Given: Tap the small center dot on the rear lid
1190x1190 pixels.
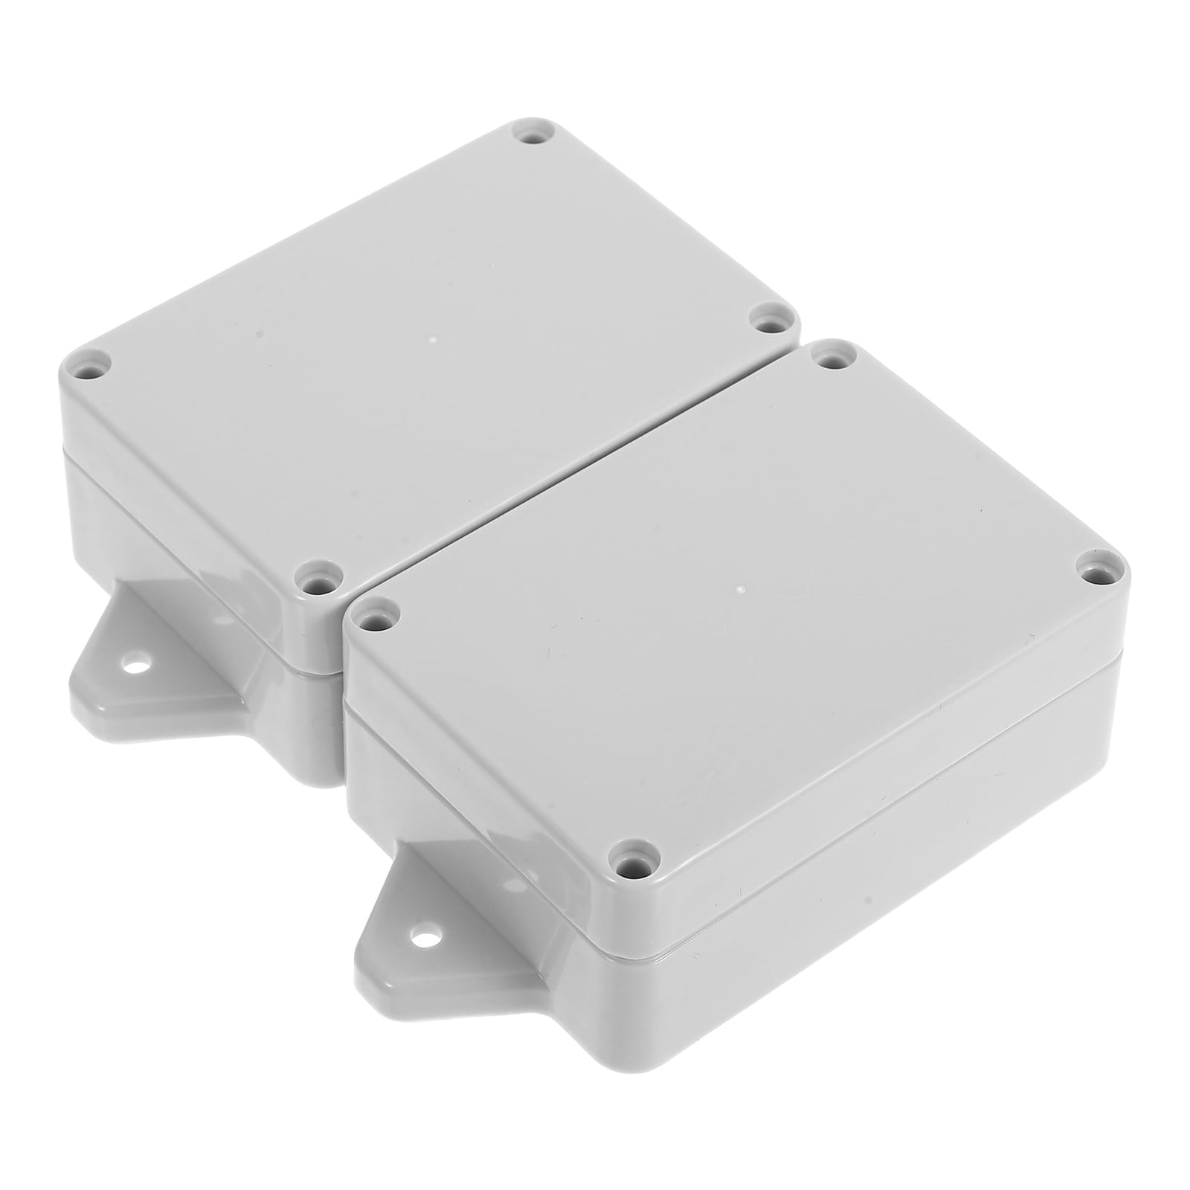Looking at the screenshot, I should (x=433, y=342).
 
